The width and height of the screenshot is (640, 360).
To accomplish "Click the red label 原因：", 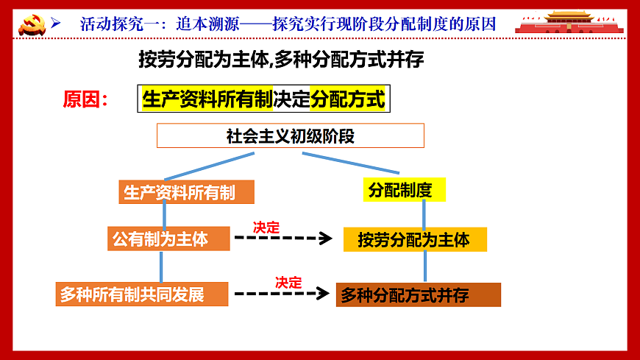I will click(85, 99).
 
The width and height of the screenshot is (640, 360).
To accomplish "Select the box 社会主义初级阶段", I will click(290, 136).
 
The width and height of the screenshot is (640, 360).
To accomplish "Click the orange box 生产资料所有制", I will click(186, 192).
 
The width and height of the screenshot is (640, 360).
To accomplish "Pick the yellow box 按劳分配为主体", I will click(415, 240).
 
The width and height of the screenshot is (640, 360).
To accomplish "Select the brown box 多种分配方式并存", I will click(418, 295).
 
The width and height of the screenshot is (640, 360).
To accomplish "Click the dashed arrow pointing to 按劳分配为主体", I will click(283, 238).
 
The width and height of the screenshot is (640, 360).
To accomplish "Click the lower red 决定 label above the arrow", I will click(288, 282).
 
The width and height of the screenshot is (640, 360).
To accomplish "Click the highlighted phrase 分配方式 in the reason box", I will click(348, 99).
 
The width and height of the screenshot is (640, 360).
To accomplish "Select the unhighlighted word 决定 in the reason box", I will click(291, 99).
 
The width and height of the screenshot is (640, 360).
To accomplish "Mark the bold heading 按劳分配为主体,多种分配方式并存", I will click(281, 60).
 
